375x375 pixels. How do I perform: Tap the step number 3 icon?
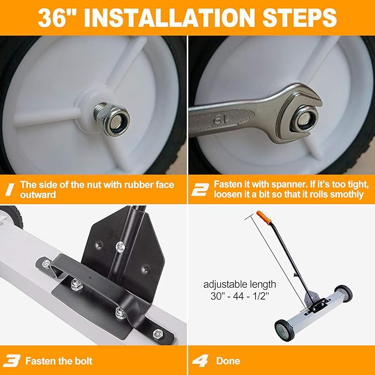pyautogui.click(x=11, y=361)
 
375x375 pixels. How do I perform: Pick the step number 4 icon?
pyautogui.click(x=199, y=361)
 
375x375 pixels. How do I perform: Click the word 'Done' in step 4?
pyautogui.click(x=228, y=361)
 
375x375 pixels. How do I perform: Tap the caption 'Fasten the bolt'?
pyautogui.click(x=59, y=361)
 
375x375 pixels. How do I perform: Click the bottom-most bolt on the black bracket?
pyautogui.click(x=158, y=334)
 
